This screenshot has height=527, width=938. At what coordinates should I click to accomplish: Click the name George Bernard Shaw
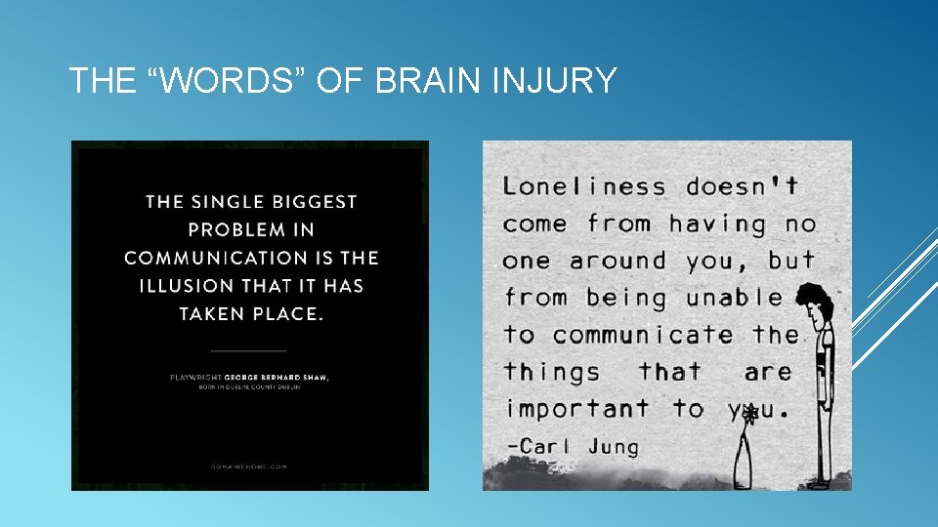pos(277,377)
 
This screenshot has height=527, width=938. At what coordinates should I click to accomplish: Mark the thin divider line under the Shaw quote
pos(249,348)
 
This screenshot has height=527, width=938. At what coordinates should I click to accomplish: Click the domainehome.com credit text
pos(249,466)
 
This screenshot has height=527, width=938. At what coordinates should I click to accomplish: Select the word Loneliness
pos(584,186)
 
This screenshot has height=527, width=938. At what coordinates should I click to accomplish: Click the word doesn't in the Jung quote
pos(743,186)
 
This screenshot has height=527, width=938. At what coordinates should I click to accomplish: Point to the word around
pos(618,261)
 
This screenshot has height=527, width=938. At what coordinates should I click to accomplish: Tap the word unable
pos(734,298)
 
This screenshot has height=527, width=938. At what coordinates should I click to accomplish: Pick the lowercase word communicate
pos(643,335)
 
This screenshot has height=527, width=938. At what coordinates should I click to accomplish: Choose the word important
pos(576,408)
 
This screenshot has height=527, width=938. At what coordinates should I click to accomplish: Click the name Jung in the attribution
pos(614,447)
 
